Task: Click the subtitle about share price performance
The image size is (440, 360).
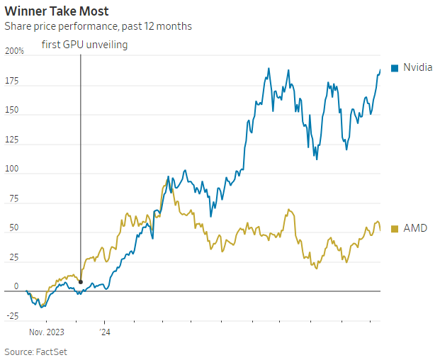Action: pos(98,26)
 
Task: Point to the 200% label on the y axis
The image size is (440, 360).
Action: pos(14,52)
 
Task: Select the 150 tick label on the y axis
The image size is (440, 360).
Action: pos(12,111)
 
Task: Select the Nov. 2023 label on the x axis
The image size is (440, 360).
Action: pos(47,331)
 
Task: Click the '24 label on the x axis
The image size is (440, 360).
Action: pos(104,331)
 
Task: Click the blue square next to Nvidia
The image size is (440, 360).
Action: pos(394,68)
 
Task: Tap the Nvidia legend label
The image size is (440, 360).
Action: pos(417,68)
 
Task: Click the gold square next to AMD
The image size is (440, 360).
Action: pos(394,228)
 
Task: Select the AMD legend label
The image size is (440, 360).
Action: pos(415,228)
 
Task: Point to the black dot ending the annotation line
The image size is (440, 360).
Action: pos(80,282)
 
